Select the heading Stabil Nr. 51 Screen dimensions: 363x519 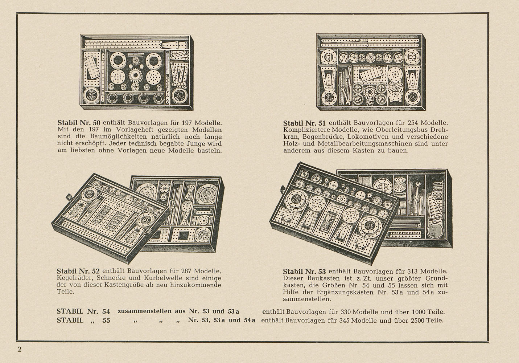304,123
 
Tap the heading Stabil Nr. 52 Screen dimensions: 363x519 78,271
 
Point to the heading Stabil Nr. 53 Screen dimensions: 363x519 304,271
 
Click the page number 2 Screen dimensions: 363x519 19,350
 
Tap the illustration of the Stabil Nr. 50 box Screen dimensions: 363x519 137,73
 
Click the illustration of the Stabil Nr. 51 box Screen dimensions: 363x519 371,72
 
